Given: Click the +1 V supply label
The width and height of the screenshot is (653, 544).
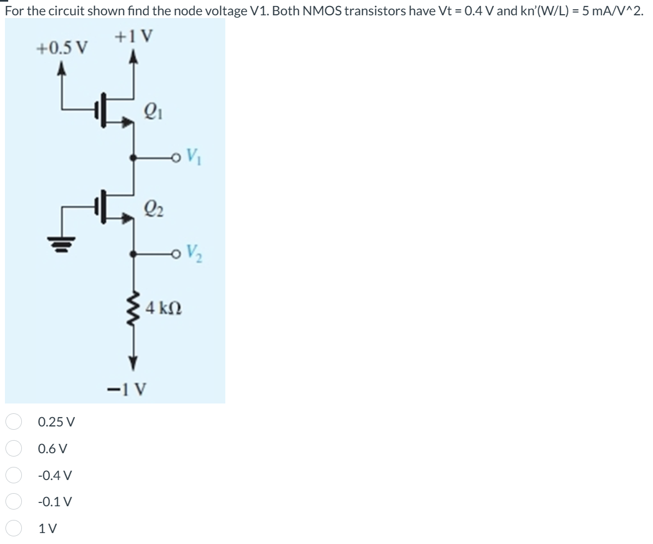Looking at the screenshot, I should (134, 37).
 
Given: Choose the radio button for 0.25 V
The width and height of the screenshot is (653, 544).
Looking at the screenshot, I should (14, 422).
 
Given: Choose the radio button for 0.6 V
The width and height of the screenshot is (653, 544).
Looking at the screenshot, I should (14, 448).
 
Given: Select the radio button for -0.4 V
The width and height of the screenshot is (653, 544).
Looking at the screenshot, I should (14, 475).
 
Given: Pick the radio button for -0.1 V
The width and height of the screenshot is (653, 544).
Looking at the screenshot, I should (14, 501).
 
